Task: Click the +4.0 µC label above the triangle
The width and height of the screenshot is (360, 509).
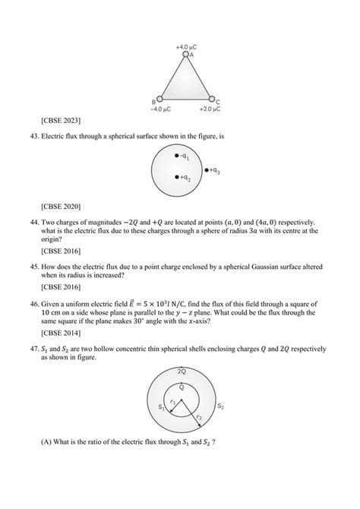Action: [x=186, y=46]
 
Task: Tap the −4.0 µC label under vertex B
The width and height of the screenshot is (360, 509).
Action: [x=159, y=109]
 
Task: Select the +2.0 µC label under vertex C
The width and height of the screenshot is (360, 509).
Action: [x=210, y=109]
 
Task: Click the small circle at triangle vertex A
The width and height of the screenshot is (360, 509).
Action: [x=185, y=55]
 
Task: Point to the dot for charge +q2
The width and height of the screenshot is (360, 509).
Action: [x=176, y=177]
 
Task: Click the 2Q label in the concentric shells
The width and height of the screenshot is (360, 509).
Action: [x=181, y=372]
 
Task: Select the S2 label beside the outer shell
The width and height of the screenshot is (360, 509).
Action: [x=220, y=406]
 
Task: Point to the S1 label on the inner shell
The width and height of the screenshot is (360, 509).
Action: [x=161, y=408]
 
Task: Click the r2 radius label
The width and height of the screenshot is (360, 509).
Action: [x=199, y=417]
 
